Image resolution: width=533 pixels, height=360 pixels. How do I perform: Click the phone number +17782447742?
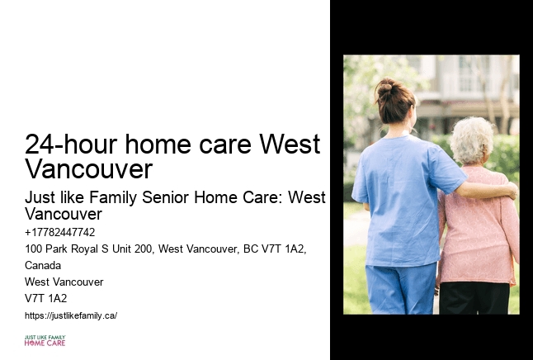point(60,232)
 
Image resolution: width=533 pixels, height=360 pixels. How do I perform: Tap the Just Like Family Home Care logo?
point(45,340)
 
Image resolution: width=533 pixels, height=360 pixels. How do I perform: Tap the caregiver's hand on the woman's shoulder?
point(509,191)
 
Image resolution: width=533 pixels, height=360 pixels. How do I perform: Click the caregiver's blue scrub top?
point(400,198)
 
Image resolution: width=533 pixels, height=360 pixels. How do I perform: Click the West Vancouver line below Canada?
point(64,282)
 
